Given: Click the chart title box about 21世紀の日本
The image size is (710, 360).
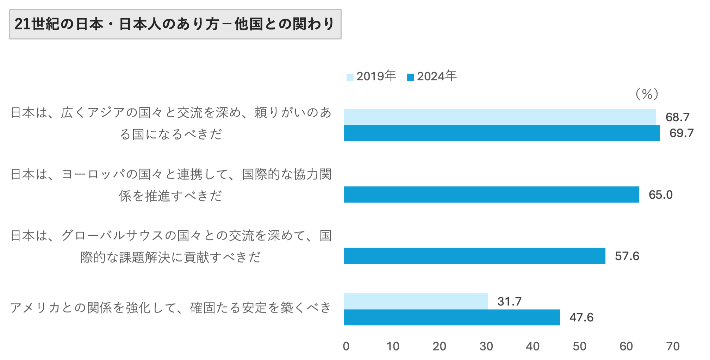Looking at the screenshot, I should [175, 24].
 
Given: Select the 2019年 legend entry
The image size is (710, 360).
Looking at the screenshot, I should [371, 76].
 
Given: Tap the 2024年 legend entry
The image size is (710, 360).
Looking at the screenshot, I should [432, 76].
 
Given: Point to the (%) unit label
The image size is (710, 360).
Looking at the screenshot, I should [647, 94].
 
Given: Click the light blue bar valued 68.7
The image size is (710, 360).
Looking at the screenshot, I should [500, 117].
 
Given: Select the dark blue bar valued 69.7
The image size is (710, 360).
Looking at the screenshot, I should [502, 133].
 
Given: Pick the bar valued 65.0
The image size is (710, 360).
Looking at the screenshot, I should [491, 194].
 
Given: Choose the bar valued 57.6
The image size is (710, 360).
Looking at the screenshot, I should [474, 256].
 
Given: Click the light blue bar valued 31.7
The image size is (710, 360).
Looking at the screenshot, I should [416, 301].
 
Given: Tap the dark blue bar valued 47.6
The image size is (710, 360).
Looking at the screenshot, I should [452, 317].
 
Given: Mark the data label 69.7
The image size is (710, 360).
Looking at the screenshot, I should [681, 133].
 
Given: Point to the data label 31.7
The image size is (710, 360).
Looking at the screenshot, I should [509, 302].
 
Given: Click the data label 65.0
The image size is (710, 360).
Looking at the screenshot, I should [660, 195].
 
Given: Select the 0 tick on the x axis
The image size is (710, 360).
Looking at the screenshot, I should [346, 346].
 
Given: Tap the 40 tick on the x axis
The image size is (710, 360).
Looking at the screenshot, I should [532, 346].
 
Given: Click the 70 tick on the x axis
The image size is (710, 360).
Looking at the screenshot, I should [673, 346].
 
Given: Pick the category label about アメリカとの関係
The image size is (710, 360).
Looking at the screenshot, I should [171, 308].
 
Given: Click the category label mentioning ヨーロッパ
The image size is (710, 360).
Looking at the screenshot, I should [171, 185].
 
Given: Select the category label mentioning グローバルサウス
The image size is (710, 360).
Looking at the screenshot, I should [171, 246].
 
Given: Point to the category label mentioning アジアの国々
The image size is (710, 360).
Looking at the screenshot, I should [171, 123].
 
